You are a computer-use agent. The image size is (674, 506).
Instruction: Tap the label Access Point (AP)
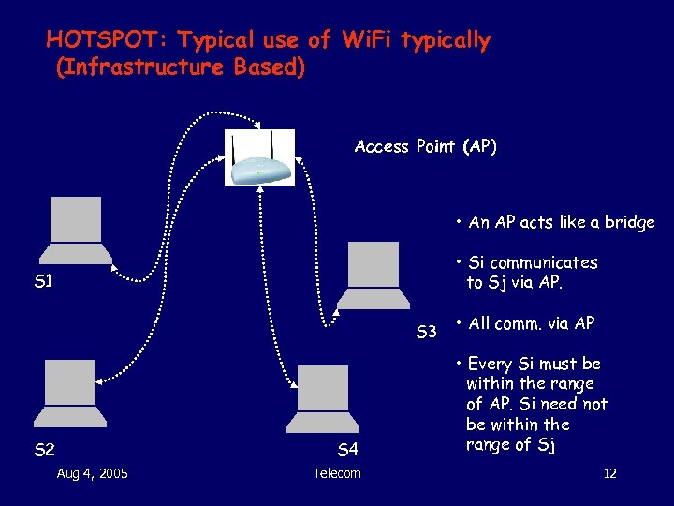(426, 146)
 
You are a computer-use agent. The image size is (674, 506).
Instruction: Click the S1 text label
(44, 281)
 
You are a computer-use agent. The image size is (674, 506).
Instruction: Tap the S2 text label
(44, 451)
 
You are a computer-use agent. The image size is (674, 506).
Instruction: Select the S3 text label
(427, 332)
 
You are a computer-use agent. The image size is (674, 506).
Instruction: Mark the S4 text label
(348, 451)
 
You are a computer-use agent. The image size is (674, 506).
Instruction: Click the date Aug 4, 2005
(93, 473)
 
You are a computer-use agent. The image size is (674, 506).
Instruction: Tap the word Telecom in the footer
(337, 473)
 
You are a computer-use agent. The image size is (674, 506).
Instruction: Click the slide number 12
(609, 473)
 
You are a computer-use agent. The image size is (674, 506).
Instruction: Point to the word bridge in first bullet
(630, 222)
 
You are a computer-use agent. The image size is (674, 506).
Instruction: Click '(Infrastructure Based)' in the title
(181, 68)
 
